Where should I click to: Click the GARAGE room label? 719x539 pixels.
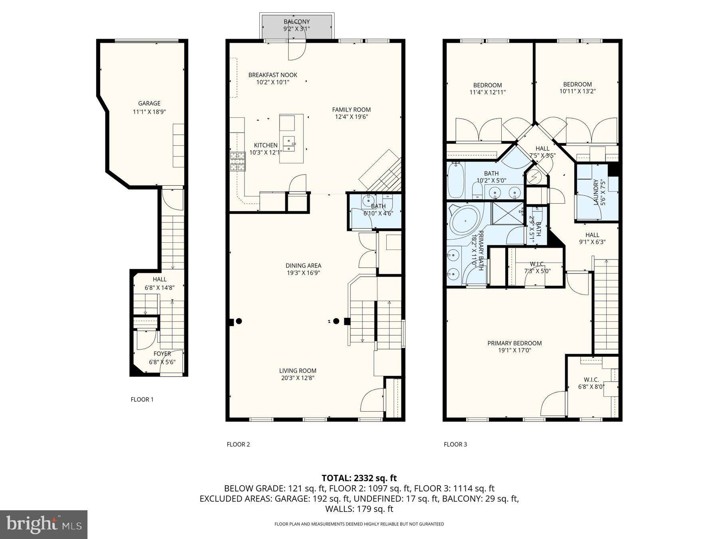coord(149,103)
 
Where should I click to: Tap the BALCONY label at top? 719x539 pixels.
coord(296,22)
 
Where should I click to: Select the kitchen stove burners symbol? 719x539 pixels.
coord(236,162)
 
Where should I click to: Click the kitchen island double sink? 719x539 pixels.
coord(288,145)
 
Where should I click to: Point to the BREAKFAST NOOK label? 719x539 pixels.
coord(272,75)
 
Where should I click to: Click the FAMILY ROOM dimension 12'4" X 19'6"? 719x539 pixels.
coord(351,117)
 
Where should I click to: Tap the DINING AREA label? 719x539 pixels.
coord(303,266)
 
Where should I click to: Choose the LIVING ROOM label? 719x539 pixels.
coord(298,371)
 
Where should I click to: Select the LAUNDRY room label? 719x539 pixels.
coord(596,192)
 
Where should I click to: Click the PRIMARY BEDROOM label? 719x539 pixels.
coord(514,343)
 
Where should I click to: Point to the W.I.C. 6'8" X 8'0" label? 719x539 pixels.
coord(591,383)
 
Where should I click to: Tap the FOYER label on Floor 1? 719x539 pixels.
coord(162,354)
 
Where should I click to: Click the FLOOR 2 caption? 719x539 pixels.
coord(238,444)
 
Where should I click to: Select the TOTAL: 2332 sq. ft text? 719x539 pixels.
coord(359,478)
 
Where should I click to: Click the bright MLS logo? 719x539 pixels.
coord(44,524)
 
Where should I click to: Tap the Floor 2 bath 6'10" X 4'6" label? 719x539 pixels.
coord(378,210)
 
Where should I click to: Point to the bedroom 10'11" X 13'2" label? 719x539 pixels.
coord(577,88)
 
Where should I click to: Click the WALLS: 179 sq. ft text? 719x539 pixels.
coord(359,509)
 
